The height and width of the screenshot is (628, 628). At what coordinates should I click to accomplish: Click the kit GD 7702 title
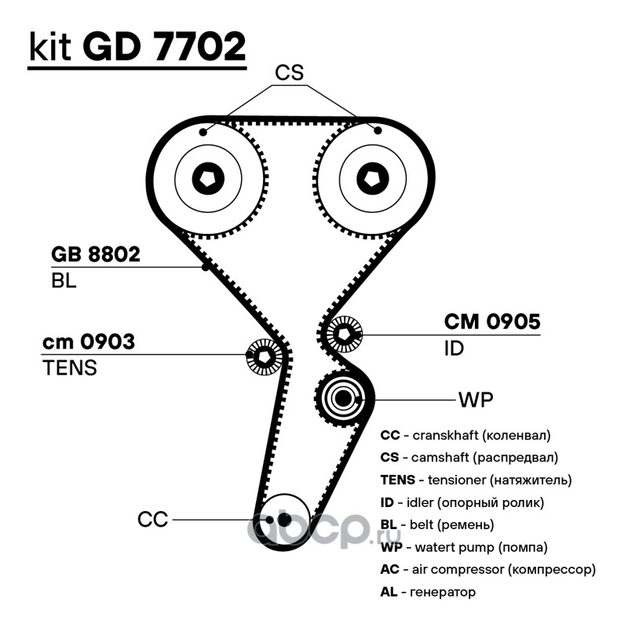[x=137, y=47]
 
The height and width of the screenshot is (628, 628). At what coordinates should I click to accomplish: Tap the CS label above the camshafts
[x=289, y=73]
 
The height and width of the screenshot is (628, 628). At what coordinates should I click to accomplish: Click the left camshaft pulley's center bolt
[x=208, y=179]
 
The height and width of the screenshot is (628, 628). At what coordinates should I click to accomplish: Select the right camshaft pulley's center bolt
[x=373, y=179]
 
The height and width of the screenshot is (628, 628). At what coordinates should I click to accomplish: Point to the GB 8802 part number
[x=96, y=254]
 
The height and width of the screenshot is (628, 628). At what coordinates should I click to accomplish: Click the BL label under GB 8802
[x=64, y=281]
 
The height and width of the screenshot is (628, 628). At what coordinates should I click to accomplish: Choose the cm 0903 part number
[x=89, y=342]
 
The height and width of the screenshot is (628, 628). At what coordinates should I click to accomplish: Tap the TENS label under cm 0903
[x=70, y=367]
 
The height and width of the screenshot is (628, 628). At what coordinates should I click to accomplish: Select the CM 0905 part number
[x=492, y=322]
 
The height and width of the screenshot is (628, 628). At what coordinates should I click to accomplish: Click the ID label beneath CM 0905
[x=454, y=349]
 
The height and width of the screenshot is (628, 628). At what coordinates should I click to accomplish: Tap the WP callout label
[x=476, y=400]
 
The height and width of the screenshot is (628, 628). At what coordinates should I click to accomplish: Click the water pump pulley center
[x=343, y=398]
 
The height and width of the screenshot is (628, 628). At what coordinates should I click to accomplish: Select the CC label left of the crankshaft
[x=152, y=520]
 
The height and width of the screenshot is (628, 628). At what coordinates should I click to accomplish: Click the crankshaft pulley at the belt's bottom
[x=284, y=520]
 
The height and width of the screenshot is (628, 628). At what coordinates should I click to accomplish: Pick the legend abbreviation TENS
[x=398, y=480]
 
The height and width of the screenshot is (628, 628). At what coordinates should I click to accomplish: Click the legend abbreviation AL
[x=389, y=592]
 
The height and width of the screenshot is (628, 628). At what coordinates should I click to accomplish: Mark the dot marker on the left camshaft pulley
[x=203, y=132]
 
